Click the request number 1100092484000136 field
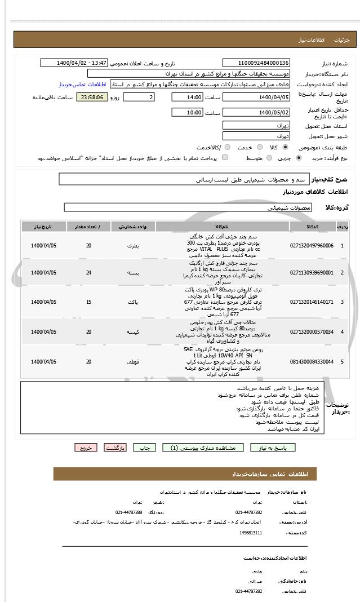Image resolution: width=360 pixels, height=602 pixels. (256, 63)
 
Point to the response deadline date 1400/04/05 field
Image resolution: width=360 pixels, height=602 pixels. (256, 98)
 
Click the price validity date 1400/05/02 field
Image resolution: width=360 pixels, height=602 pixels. (256, 113)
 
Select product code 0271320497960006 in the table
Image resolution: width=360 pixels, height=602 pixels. (312, 246)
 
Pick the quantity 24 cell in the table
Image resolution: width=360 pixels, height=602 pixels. (88, 273)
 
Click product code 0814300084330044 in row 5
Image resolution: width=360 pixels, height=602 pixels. (312, 361)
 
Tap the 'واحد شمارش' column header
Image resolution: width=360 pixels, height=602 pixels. (133, 227)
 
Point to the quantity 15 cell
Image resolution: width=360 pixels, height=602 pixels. (88, 302)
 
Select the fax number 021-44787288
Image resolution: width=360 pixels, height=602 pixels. (129, 512)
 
